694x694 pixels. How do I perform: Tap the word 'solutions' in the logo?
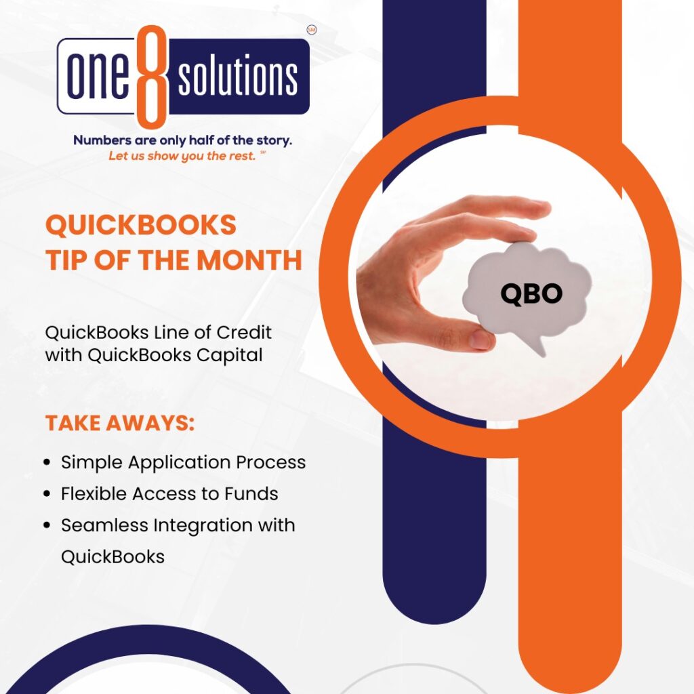point(237,77)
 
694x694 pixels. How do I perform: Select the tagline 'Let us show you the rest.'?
point(182,156)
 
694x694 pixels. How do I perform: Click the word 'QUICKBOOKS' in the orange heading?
point(141,225)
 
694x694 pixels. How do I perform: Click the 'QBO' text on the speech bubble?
point(531,293)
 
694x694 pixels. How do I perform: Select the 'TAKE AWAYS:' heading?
point(120,424)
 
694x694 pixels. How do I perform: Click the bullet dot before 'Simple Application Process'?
point(47,463)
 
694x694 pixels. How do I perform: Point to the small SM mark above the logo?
point(312,30)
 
